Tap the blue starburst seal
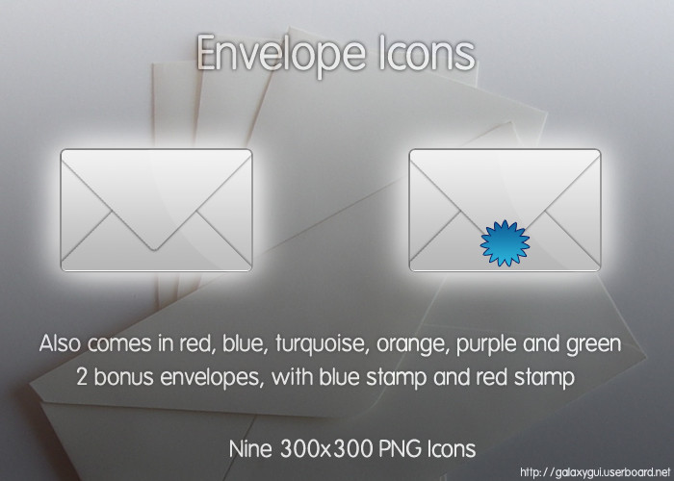(505, 243)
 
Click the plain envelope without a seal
(156, 210)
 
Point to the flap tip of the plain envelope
(155, 249)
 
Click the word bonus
(123, 377)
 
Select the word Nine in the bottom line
(250, 449)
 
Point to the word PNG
(400, 449)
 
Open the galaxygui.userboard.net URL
(595, 473)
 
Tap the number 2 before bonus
(82, 377)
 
